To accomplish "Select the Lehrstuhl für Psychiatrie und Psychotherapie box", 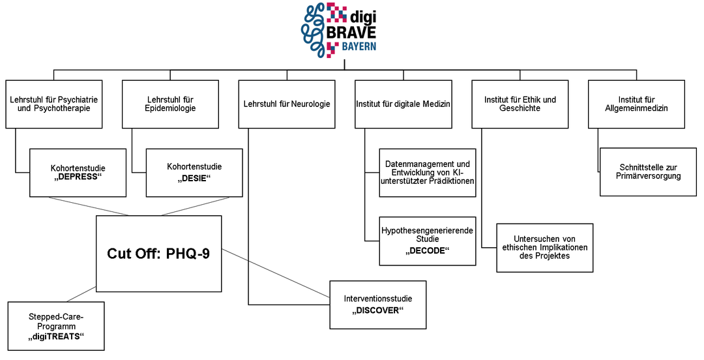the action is click(54, 104).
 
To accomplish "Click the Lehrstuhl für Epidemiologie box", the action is click(171, 104).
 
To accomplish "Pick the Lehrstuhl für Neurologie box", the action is click(287, 104).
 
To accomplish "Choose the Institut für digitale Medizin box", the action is click(403, 104).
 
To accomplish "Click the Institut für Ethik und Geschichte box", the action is click(520, 104).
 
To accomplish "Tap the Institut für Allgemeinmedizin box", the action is click(636, 104).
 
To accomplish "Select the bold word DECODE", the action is click(428, 250).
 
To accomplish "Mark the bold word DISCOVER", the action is click(377, 310).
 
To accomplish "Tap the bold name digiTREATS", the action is click(56, 336).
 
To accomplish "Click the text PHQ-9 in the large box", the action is click(188, 254).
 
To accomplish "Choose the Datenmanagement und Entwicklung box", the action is click(428, 173).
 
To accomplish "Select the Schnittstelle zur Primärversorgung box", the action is click(649, 172).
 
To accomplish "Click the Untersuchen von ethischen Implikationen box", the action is click(544, 248).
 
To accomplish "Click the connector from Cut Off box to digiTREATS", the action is click(81, 294).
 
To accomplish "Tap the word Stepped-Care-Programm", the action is click(56, 322).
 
